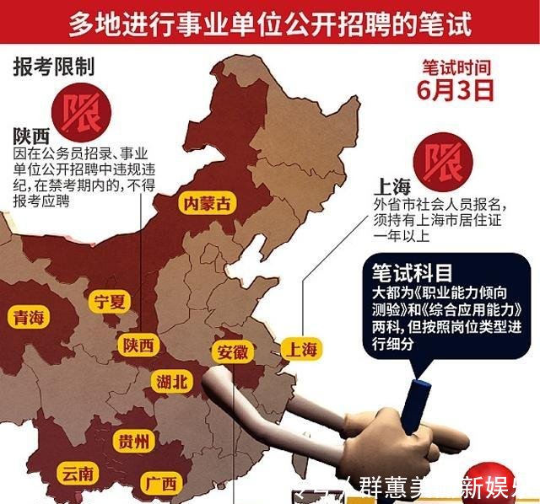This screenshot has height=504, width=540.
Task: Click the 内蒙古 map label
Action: tap(208, 204)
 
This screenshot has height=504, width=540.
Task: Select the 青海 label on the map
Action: tap(30, 317)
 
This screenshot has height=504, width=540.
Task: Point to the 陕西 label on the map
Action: tap(139, 346)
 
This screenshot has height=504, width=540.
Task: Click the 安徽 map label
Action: tap(232, 352)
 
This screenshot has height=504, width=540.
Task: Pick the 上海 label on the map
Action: tap(301, 347)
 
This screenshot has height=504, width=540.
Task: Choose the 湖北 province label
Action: tap(173, 381)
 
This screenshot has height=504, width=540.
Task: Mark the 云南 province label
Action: tap(78, 474)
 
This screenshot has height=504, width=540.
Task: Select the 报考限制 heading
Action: tap(53, 67)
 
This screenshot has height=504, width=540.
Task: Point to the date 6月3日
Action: tap(456, 91)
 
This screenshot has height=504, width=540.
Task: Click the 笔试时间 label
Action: tap(456, 67)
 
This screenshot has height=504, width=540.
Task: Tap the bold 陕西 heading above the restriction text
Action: tap(31, 137)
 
